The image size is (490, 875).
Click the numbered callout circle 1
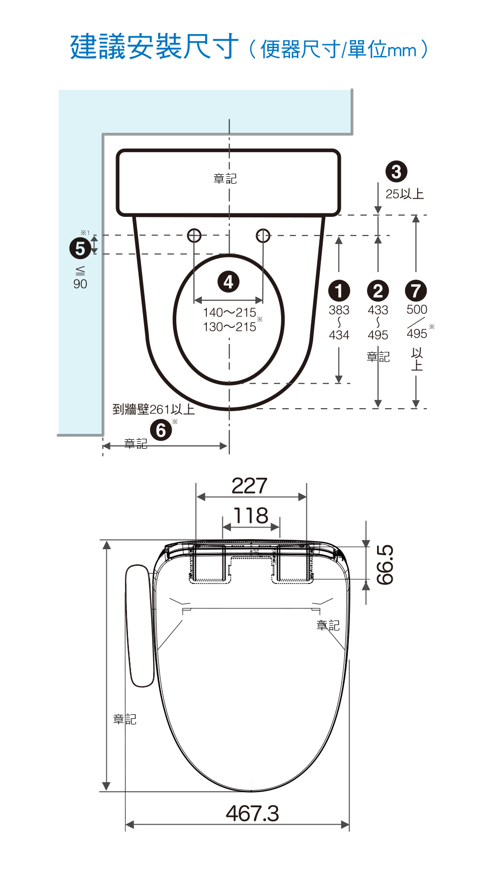(x=339, y=291)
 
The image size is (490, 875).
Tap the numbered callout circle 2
(x=378, y=291)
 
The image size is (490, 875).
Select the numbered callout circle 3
(x=396, y=172)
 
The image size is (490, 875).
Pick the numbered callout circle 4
(x=228, y=282)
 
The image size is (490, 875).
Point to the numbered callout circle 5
(x=80, y=248)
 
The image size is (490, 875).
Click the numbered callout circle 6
(x=161, y=430)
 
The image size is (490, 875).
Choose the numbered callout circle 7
(x=416, y=291)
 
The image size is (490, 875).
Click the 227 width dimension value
(x=250, y=486)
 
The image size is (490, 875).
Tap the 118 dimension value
(x=251, y=516)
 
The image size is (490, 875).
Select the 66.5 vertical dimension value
(x=385, y=565)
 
